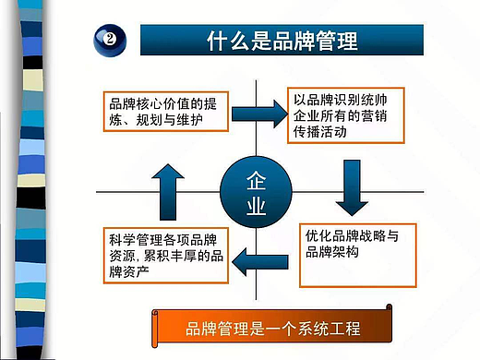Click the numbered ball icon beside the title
coord(108,41)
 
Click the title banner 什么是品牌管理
coord(281,41)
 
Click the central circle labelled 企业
coord(257,189)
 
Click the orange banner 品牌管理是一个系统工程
coord(273,328)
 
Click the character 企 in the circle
coord(257,177)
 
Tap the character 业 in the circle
coord(257,204)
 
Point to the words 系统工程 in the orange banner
coord(325,328)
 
